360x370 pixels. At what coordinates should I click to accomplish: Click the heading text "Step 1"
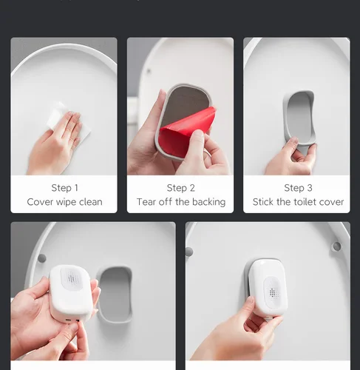point(65,188)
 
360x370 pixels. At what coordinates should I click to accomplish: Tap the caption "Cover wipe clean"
point(64,202)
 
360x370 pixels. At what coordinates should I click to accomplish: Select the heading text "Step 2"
point(181,188)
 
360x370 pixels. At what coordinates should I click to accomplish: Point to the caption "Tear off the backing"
point(181,202)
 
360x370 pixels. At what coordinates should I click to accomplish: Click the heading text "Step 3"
point(298,188)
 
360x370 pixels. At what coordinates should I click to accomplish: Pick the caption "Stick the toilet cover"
point(298,202)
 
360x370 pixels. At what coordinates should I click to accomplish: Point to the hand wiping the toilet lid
point(54,143)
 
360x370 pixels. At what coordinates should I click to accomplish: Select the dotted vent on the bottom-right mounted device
point(273,292)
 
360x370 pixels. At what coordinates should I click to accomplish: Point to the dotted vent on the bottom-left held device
point(71,279)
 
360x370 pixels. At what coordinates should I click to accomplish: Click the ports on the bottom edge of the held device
point(72,320)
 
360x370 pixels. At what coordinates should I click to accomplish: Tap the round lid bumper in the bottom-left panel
point(42,258)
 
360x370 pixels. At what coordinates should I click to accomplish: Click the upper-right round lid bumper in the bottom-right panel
point(337,246)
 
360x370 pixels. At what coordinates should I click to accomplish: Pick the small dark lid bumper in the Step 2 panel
point(149,72)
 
